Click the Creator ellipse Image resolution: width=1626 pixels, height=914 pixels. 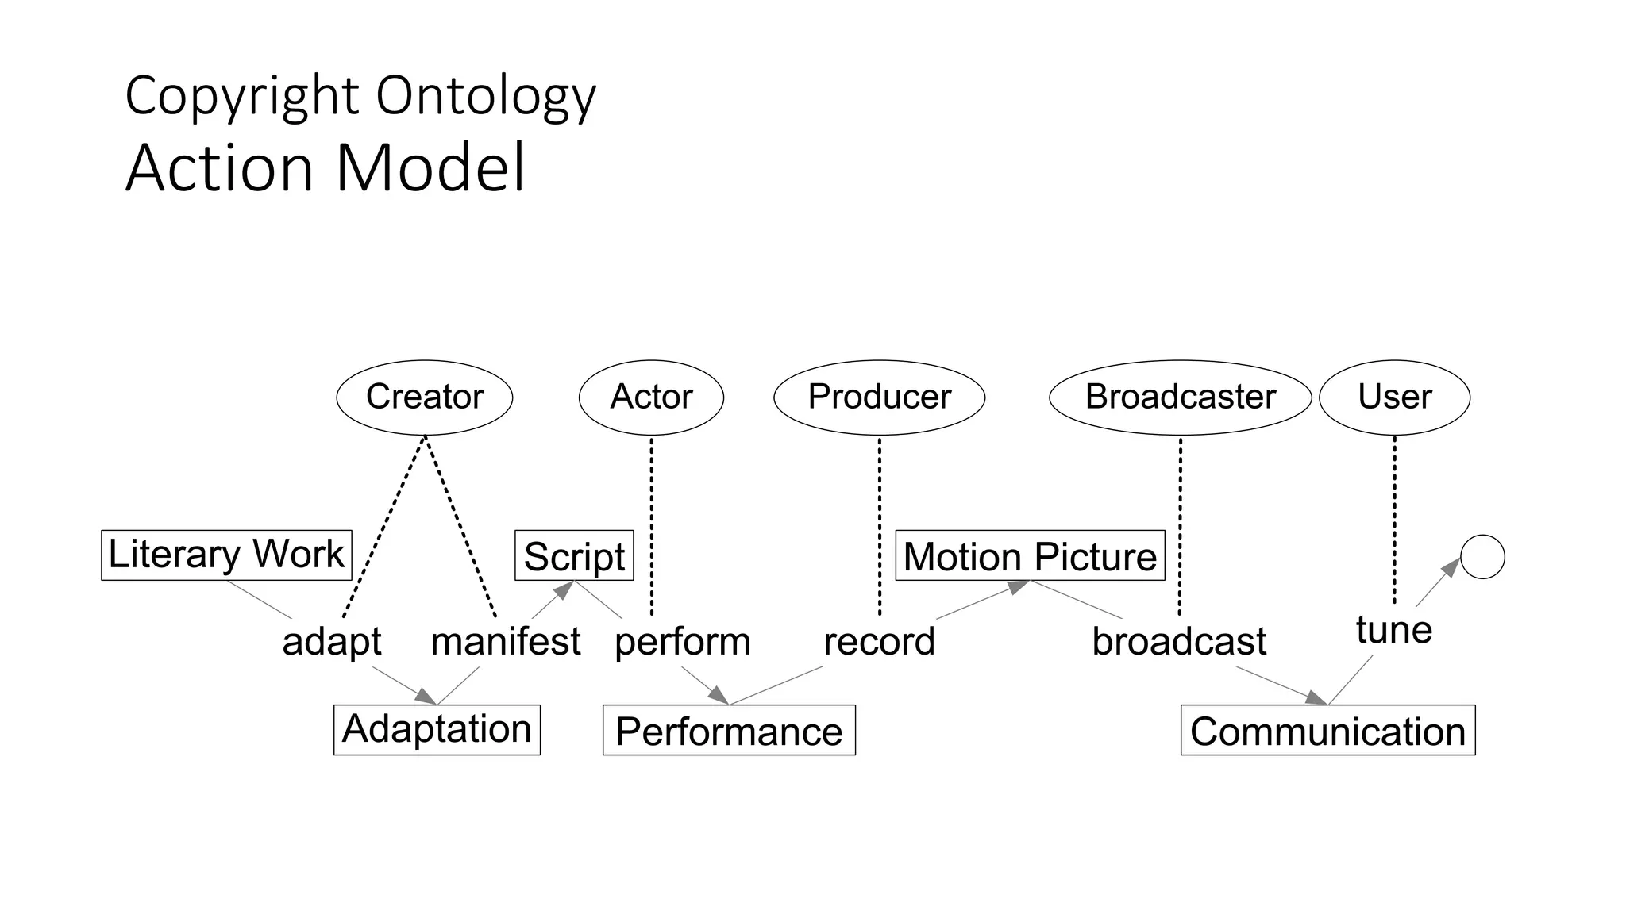pos(425,397)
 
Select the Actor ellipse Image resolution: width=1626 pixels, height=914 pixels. pos(651,397)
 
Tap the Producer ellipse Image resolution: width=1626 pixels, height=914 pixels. pos(879,397)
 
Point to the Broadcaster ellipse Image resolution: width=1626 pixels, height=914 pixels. pos(1180,397)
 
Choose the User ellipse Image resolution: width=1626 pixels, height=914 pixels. pos(1394,397)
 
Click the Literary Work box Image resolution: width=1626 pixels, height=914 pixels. pos(226,555)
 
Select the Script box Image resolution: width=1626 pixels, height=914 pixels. pos(574,555)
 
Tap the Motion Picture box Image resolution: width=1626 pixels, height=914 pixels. pos(1030,555)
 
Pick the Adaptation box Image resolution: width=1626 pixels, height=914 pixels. pos(437,729)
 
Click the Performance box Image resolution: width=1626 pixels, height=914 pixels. pos(729,730)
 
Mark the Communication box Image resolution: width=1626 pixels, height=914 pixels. pos(1327,730)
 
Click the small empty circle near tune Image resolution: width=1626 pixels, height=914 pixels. pos(1482,556)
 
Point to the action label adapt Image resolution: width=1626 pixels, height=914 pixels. pos(332,641)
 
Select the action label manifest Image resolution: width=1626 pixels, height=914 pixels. pos(506,641)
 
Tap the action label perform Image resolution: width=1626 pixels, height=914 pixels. pos(682,641)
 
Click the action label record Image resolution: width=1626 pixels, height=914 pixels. pos(879,641)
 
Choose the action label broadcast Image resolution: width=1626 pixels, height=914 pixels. pos(1179,641)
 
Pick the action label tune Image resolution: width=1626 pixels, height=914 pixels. pos(1394,630)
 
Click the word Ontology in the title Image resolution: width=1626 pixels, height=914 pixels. pos(485,97)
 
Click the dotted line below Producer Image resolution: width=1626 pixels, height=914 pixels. pos(880,524)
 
